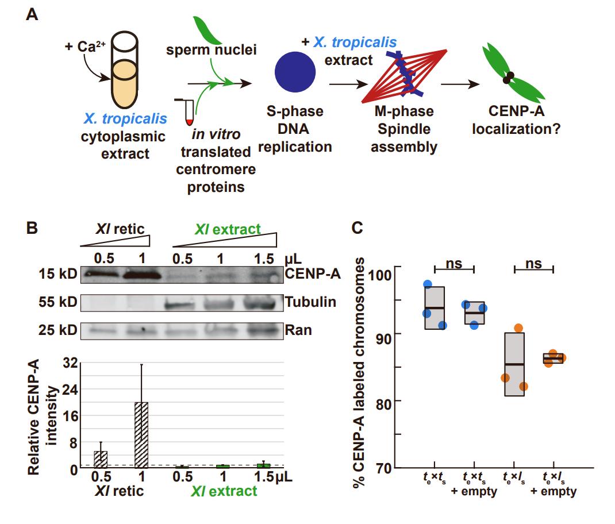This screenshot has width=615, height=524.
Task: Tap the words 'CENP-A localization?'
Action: [x=516, y=120]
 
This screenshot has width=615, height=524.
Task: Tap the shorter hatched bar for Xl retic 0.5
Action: [x=101, y=459]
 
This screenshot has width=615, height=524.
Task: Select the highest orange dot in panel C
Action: [x=518, y=328]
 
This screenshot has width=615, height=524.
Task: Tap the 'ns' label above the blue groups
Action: [x=453, y=264]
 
